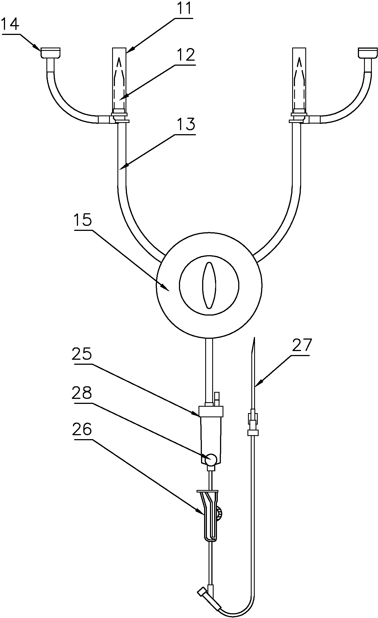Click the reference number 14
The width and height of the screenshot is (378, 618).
click(x=10, y=24)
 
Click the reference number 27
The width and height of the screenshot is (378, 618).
click(x=302, y=345)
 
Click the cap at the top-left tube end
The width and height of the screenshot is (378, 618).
click(x=50, y=53)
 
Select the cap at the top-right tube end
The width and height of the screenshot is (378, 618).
click(x=368, y=53)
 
